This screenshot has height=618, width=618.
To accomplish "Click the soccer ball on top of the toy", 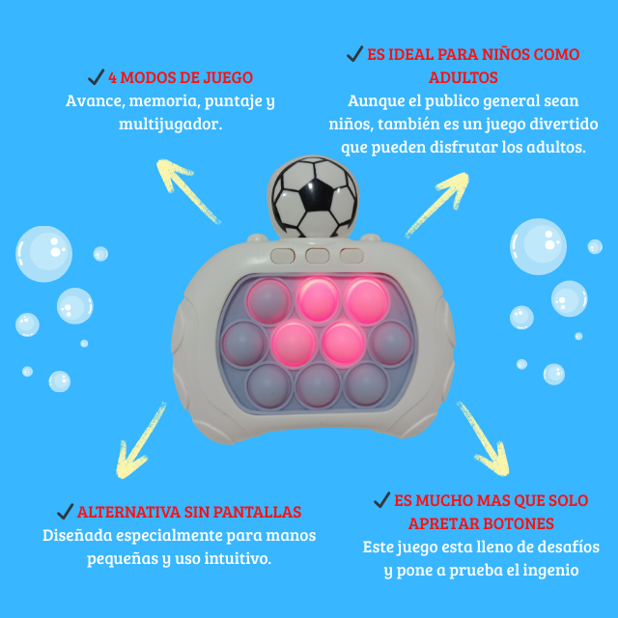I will tap(308, 198).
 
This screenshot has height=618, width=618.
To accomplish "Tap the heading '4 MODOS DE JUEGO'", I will tap(181, 77).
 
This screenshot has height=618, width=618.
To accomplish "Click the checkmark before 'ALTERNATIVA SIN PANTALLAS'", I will tap(65, 512).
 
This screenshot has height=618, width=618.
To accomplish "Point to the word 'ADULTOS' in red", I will tap(463, 77).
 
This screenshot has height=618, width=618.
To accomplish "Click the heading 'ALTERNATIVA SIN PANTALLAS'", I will tap(189, 512).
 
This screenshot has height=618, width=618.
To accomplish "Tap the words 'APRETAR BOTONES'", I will tap(481, 523).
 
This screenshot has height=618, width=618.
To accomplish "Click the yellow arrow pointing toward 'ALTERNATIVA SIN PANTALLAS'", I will tap(145, 440).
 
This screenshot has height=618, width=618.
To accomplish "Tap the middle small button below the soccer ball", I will tap(316, 256).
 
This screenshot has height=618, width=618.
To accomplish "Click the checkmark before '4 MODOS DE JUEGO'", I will tap(96, 77).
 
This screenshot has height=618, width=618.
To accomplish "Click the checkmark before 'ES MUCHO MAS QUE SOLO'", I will tap(381, 500).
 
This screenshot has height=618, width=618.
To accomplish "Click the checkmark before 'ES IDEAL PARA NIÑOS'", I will tap(354, 54).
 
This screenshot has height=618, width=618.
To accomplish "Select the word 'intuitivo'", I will tap(238, 558).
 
